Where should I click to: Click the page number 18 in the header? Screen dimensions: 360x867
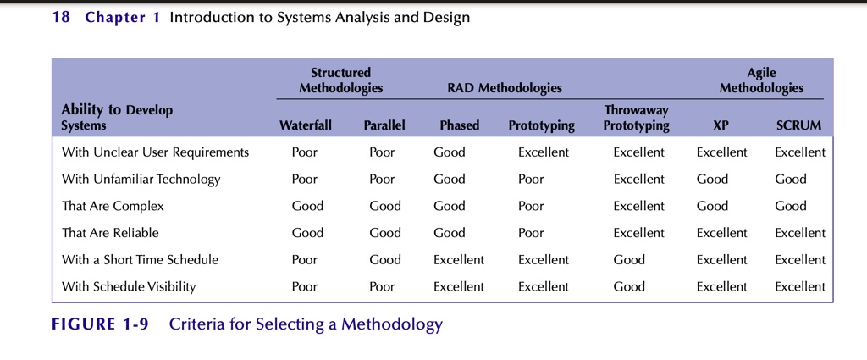click(61, 17)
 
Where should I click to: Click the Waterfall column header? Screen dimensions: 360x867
click(305, 125)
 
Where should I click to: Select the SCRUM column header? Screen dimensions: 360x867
click(798, 125)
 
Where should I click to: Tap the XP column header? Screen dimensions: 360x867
click(721, 125)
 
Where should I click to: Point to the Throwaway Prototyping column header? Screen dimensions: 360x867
click(637, 119)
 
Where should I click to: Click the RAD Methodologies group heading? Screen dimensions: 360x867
click(504, 88)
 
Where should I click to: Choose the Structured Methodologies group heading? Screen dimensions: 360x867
click(340, 80)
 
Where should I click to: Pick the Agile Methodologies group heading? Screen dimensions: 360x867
click(761, 80)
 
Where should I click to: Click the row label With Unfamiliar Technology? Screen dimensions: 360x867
click(141, 179)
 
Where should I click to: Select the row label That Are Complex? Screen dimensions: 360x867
click(113, 206)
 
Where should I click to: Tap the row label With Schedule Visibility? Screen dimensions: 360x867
click(129, 286)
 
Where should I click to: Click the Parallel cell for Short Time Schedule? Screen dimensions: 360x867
click(385, 259)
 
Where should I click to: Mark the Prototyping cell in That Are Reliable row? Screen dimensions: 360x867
click(531, 233)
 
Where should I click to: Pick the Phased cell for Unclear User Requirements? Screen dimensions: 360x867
click(449, 152)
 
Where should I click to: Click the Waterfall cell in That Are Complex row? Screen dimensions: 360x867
click(307, 206)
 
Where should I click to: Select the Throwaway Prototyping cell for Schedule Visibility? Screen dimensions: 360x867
click(629, 286)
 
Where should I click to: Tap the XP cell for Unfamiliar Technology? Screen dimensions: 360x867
click(712, 179)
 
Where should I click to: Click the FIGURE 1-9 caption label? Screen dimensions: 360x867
click(100, 324)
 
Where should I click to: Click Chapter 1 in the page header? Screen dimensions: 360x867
click(122, 17)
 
